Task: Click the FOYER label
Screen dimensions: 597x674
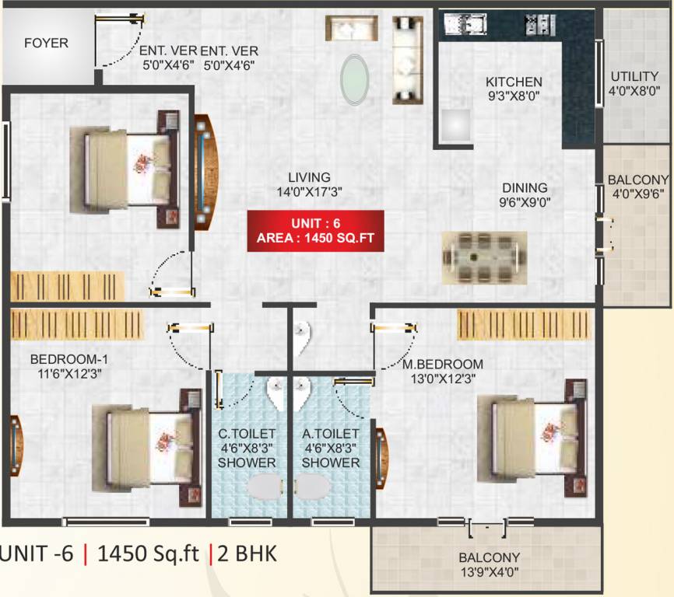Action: (46, 43)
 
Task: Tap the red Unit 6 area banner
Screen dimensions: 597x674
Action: (316, 231)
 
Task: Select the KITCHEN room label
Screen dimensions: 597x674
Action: (514, 82)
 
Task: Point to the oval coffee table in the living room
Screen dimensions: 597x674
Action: (355, 79)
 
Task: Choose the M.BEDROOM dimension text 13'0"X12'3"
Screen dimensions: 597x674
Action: (442, 379)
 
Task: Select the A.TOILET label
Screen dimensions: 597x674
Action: (331, 433)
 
